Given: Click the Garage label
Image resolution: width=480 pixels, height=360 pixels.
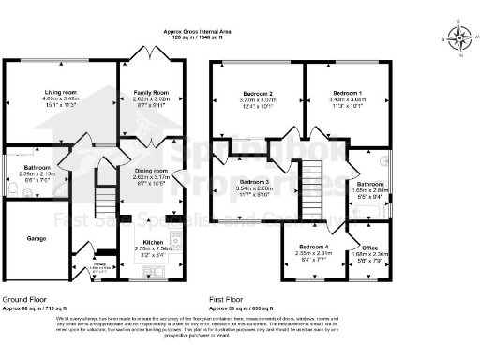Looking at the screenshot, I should pos(36,238).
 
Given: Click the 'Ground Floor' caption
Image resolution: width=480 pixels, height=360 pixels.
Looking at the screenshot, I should pos(25,298).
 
